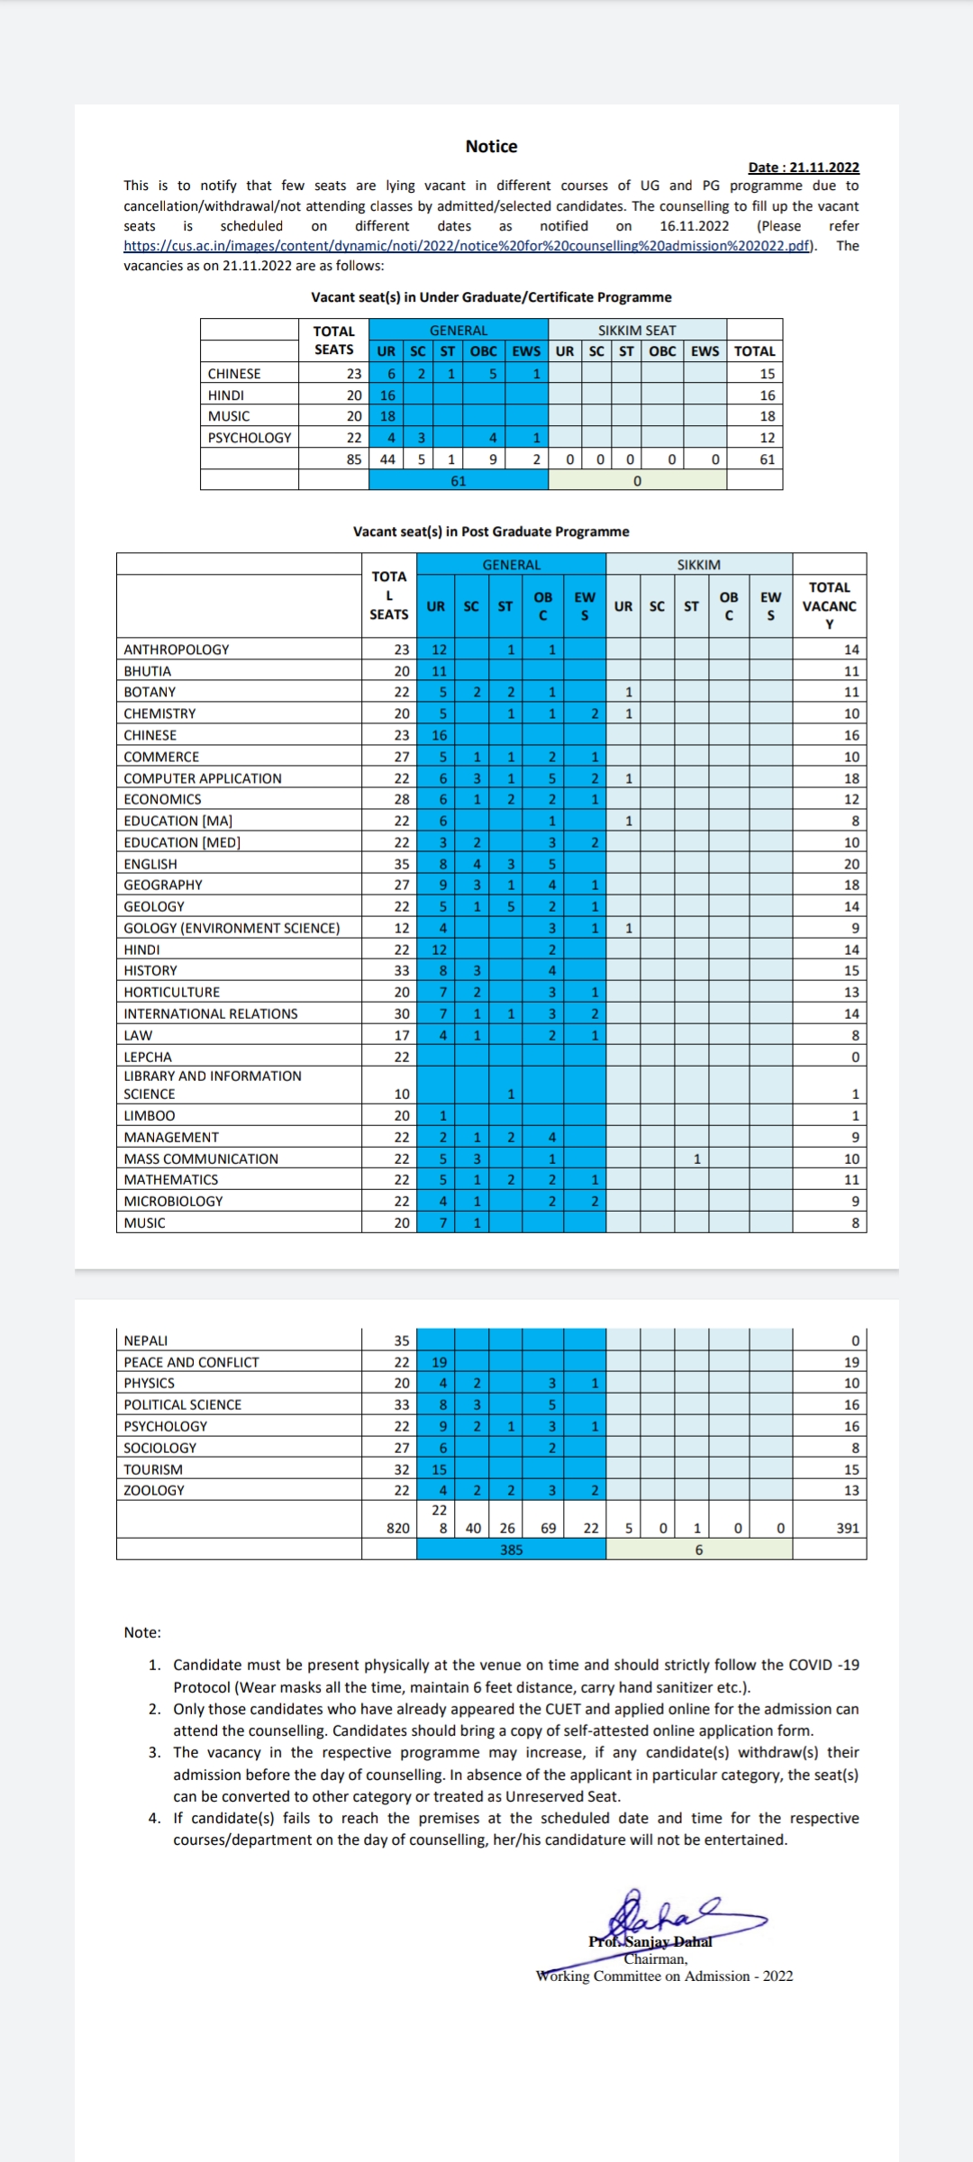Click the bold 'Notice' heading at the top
click(491, 146)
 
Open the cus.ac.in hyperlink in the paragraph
click(468, 246)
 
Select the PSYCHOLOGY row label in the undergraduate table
click(250, 438)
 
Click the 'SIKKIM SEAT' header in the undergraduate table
click(637, 331)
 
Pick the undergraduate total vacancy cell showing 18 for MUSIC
click(767, 416)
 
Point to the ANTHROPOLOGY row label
click(177, 650)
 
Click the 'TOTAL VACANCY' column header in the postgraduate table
click(829, 605)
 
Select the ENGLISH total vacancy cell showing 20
click(850, 864)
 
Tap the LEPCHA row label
click(148, 1057)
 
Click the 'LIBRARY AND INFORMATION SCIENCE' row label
click(213, 1085)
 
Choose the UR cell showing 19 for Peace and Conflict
click(439, 1362)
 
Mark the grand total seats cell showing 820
click(397, 1528)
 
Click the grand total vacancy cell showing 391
click(847, 1528)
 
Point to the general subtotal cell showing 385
click(511, 1549)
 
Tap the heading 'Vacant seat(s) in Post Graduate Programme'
click(491, 531)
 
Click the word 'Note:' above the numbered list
click(142, 1632)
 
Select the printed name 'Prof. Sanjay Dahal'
click(650, 1941)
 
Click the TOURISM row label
click(153, 1469)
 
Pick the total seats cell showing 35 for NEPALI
click(401, 1340)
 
